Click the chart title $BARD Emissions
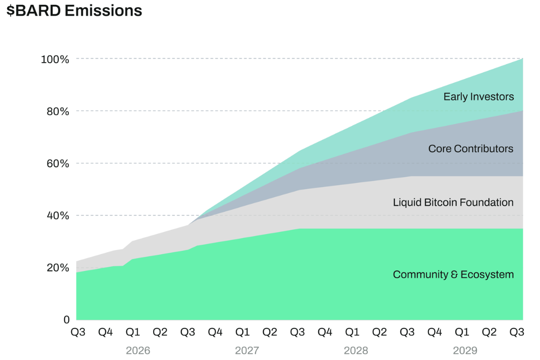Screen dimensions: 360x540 [74, 11]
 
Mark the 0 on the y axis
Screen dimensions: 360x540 [67, 320]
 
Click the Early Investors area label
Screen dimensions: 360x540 [478, 97]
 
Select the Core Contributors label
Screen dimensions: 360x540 [471, 148]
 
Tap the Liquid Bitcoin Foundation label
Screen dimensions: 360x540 [453, 202]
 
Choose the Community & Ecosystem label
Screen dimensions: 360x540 [453, 275]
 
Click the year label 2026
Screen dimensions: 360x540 [138, 351]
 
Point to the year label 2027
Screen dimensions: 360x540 [247, 351]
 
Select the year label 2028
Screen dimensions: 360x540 [356, 351]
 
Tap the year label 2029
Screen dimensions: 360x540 [465, 351]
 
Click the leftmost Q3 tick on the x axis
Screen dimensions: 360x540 [78, 332]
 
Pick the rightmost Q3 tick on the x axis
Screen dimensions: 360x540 [517, 332]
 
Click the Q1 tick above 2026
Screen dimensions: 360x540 [133, 332]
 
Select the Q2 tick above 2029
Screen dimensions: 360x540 [489, 332]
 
